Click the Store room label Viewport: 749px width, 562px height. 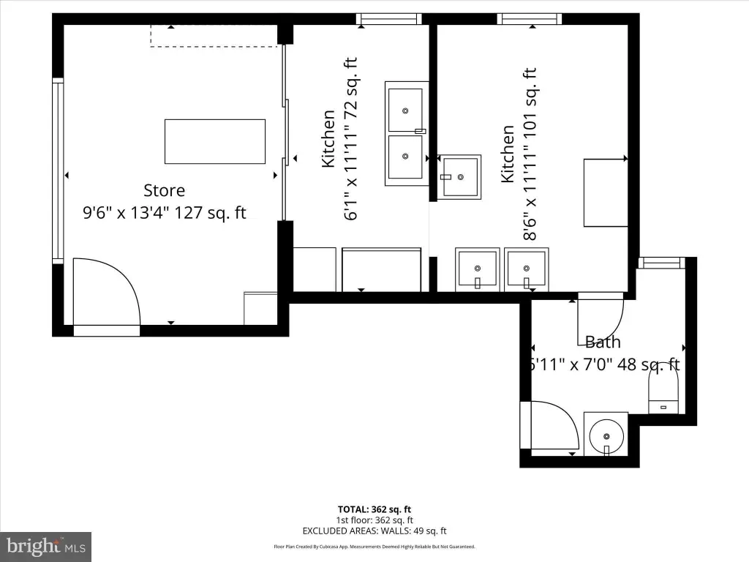tap(164, 191)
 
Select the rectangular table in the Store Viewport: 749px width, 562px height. tap(214, 141)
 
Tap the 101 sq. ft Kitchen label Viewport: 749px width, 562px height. tap(519, 154)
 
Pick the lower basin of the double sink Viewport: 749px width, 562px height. tap(405, 157)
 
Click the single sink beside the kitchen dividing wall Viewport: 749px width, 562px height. tap(459, 176)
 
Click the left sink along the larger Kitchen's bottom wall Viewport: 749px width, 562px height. tap(478, 269)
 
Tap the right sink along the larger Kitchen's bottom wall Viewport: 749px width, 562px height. tap(526, 269)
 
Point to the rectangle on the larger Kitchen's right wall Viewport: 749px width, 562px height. tap(605, 192)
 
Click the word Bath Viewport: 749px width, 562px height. tap(603, 342)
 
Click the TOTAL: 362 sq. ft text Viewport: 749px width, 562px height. tap(374, 509)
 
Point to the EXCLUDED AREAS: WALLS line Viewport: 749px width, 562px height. tap(374, 531)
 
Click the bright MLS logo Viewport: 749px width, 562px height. tap(45, 546)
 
